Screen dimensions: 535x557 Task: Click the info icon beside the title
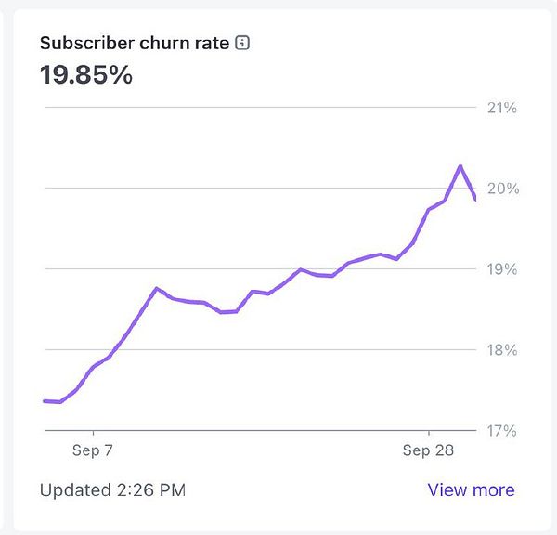(x=243, y=44)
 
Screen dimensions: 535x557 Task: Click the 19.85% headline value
(x=86, y=75)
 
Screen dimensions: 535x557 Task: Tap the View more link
(x=471, y=489)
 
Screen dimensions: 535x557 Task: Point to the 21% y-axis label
(x=501, y=108)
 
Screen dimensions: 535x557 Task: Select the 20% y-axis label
(x=501, y=189)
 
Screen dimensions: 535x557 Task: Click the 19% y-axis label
(x=501, y=269)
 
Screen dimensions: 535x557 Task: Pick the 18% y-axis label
(x=501, y=350)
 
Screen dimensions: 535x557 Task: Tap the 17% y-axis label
(x=501, y=431)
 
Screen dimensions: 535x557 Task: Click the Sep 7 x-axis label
(x=93, y=450)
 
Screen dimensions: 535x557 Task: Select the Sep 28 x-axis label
(x=429, y=450)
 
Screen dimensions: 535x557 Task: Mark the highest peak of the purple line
(x=460, y=166)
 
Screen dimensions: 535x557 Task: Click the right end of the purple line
(x=475, y=199)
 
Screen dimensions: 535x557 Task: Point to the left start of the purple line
(x=45, y=401)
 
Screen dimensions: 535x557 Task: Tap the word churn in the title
(x=157, y=44)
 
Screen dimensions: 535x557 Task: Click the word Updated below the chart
(x=71, y=489)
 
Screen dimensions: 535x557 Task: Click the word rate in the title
(x=210, y=44)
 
